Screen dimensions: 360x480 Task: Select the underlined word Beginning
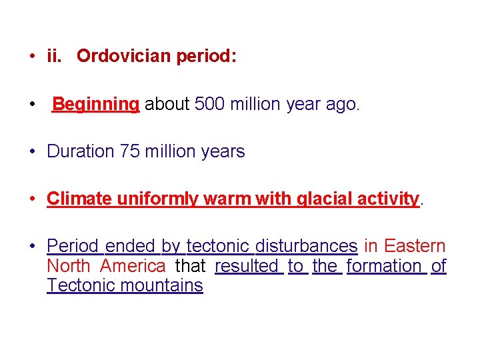[x=95, y=105]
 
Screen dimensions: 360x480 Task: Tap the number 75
[x=130, y=152]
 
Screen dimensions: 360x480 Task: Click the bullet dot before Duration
[x=32, y=152]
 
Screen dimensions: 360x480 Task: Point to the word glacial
[x=320, y=199]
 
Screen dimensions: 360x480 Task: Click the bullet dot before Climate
[x=32, y=199]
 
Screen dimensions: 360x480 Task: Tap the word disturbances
[x=307, y=247]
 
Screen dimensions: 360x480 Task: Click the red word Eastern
[x=415, y=247]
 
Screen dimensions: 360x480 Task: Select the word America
[x=133, y=266]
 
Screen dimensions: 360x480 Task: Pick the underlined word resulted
[x=247, y=266]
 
